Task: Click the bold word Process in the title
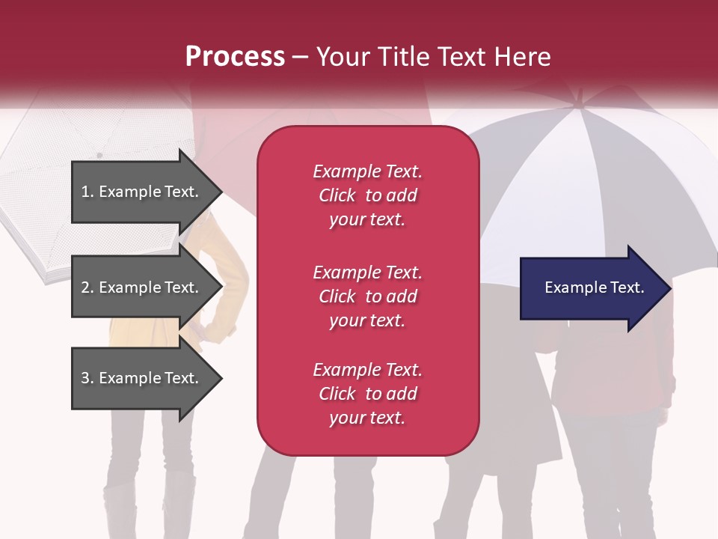(235, 57)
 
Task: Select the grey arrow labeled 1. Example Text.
(142, 192)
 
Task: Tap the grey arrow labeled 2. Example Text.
(142, 287)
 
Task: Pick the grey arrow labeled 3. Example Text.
(142, 378)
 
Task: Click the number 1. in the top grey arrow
(88, 192)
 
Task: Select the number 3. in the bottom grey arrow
(88, 378)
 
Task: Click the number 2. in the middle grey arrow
(88, 287)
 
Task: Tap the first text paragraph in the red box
(367, 195)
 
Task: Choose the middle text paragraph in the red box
(367, 296)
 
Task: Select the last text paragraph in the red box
(367, 394)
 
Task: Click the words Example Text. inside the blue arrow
(594, 287)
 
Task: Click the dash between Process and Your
(300, 57)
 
